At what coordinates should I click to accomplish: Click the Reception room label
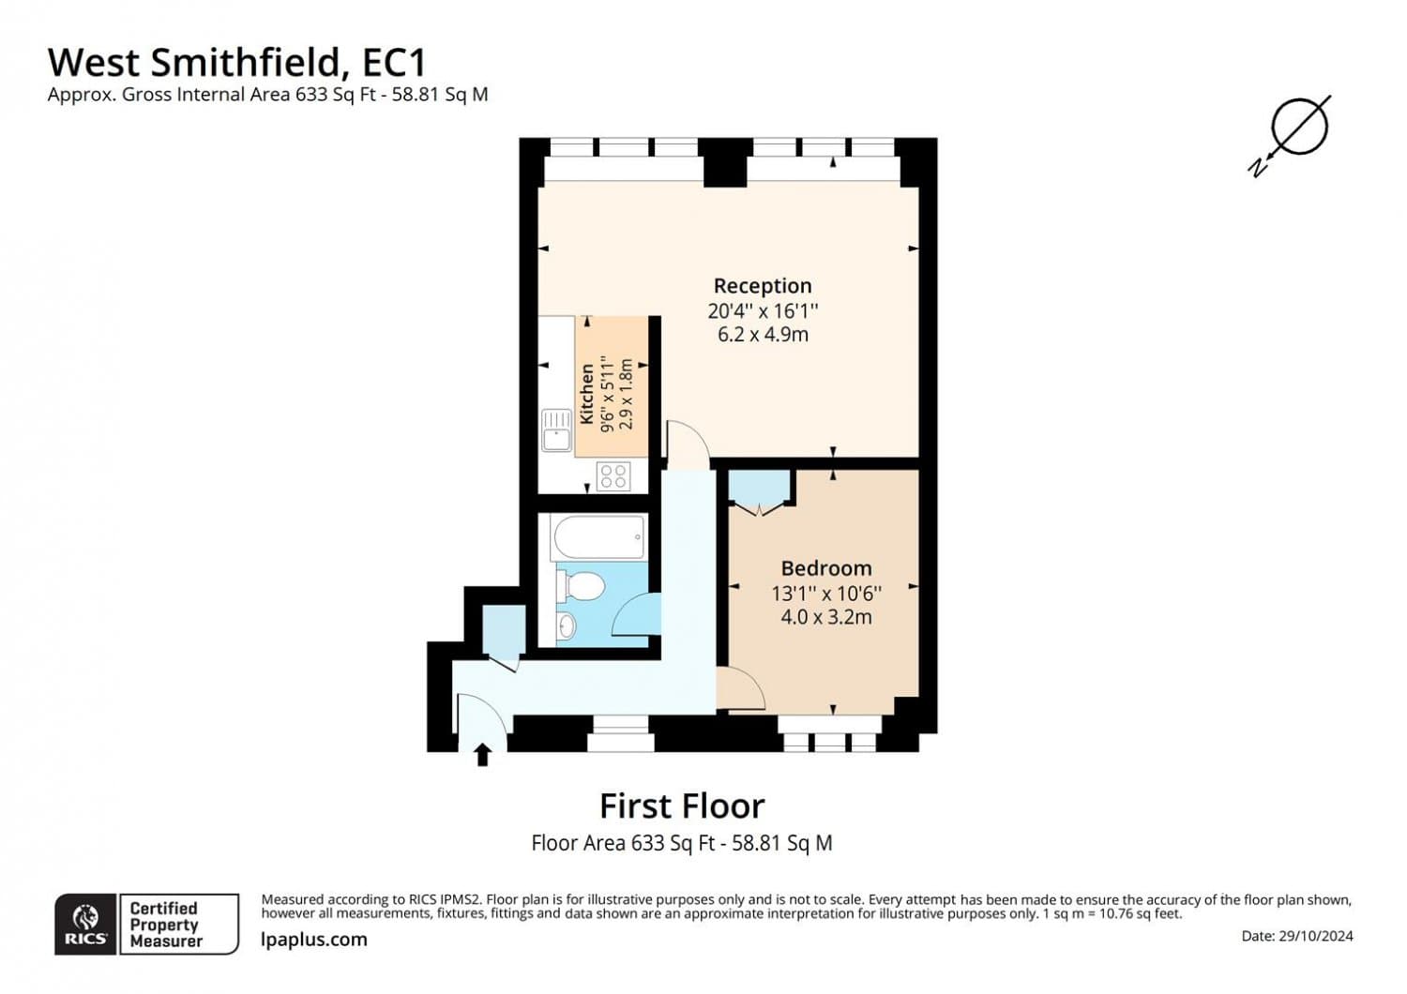[x=762, y=286]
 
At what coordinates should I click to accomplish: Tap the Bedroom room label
[x=825, y=568]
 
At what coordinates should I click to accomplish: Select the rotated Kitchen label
[x=587, y=395]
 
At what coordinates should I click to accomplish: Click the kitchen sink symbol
[x=556, y=430]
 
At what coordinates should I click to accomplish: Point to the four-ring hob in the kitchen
[x=613, y=476]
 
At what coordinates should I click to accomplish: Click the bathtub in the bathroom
[x=598, y=537]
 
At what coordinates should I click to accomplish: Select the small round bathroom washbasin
[x=567, y=625]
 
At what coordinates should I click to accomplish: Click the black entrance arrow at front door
[x=483, y=754]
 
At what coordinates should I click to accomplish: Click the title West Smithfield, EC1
[x=237, y=63]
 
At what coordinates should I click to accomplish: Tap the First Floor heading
[x=682, y=806]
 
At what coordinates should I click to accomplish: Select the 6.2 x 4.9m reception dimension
[x=762, y=335]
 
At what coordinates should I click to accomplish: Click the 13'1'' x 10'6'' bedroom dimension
[x=825, y=594]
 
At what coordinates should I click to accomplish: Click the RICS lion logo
[x=85, y=924]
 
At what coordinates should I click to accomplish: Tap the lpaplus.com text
[x=313, y=940]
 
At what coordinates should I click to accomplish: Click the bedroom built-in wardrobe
[x=759, y=489]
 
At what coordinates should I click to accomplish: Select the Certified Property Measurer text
[x=165, y=925]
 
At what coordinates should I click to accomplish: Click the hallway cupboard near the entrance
[x=504, y=631]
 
